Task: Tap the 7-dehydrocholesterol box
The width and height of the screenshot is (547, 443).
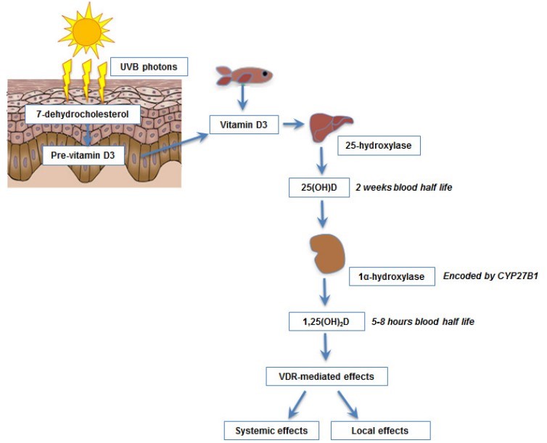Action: (x=81, y=114)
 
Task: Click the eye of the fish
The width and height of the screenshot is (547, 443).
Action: (x=266, y=73)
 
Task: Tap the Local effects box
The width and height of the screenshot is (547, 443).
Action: (x=380, y=430)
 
